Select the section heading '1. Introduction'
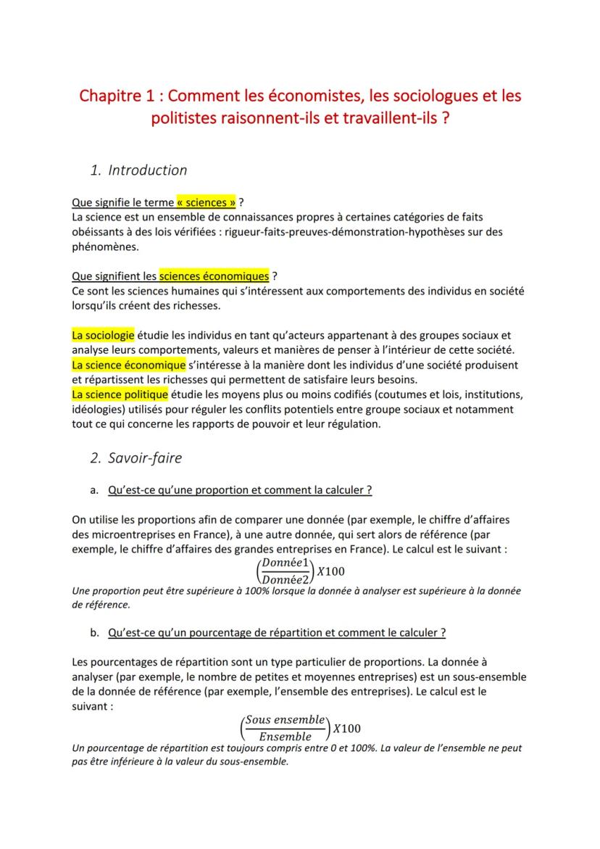click(x=138, y=170)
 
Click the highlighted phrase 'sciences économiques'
click(x=214, y=276)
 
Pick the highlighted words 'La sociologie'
click(x=103, y=335)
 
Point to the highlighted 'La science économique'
click(x=129, y=365)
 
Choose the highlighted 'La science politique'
click(x=120, y=394)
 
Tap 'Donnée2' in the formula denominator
click(x=286, y=579)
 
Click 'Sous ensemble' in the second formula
click(x=284, y=720)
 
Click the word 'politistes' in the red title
click(x=184, y=118)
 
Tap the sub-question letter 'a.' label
click(x=94, y=490)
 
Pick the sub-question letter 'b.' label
click(x=94, y=632)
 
